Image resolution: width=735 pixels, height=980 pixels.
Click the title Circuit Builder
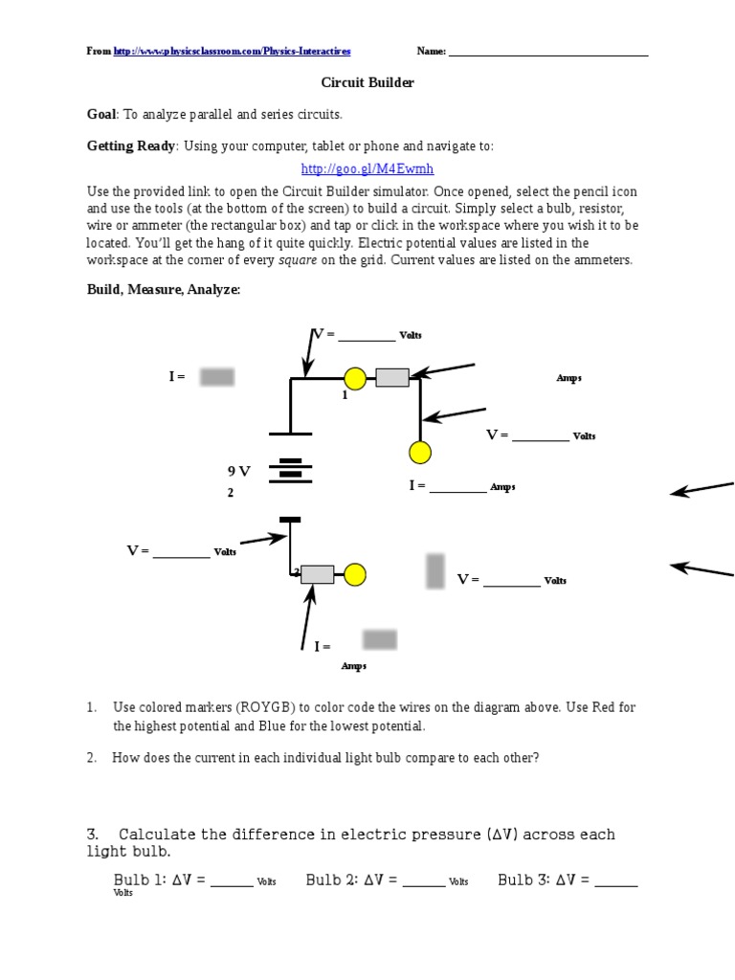click(367, 83)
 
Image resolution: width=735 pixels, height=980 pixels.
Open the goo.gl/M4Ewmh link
click(367, 169)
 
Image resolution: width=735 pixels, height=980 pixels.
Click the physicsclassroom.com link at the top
click(232, 52)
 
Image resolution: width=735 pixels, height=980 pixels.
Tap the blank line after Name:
click(548, 53)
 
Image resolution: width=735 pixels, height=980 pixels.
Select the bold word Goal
click(100, 115)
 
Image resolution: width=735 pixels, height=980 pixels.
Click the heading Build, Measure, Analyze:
click(164, 290)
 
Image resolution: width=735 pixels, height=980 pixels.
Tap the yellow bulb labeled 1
click(355, 379)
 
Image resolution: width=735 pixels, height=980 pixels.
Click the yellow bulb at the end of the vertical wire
click(419, 453)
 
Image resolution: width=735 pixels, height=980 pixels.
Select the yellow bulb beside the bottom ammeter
click(355, 574)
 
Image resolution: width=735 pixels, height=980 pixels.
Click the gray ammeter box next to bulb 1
click(392, 378)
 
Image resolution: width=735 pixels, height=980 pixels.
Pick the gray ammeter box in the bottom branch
click(317, 574)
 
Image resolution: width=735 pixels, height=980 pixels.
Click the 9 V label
click(238, 472)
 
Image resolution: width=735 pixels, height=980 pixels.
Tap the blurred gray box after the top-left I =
click(217, 377)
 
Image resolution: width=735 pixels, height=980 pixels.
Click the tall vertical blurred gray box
click(435, 570)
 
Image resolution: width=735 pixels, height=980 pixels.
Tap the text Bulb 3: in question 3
click(523, 880)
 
